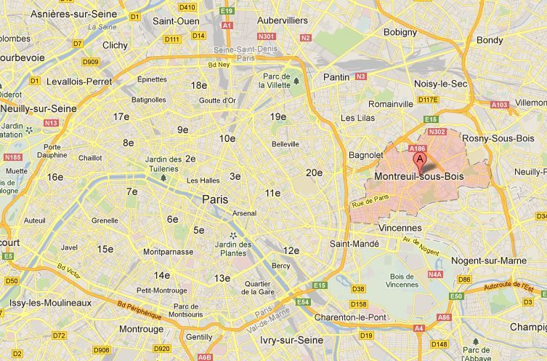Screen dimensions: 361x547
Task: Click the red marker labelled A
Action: [x=419, y=159]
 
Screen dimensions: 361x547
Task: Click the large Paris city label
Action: [x=214, y=199]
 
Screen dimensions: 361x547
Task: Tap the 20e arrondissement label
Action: [x=314, y=172]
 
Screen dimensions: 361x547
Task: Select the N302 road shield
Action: [x=437, y=132]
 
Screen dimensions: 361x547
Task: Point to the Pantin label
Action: [x=336, y=76]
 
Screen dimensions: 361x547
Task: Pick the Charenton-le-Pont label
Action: [x=352, y=317]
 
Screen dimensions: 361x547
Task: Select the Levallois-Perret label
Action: [x=79, y=82]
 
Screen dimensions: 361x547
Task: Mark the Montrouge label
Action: [x=141, y=329]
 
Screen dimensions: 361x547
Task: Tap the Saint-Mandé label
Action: [x=354, y=245]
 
